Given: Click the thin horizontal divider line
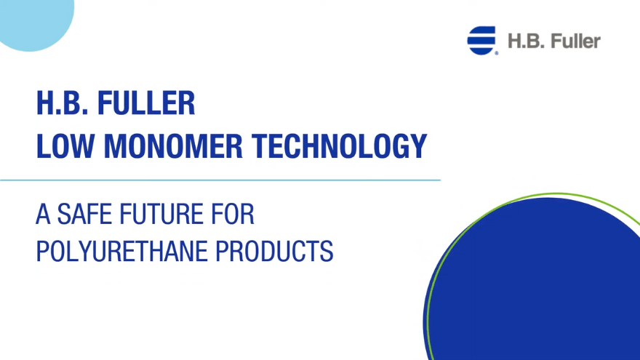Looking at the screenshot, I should pos(218,179).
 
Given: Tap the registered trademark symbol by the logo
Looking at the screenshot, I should pos(497,53).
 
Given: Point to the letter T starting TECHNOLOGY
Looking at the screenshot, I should pos(260,147).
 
